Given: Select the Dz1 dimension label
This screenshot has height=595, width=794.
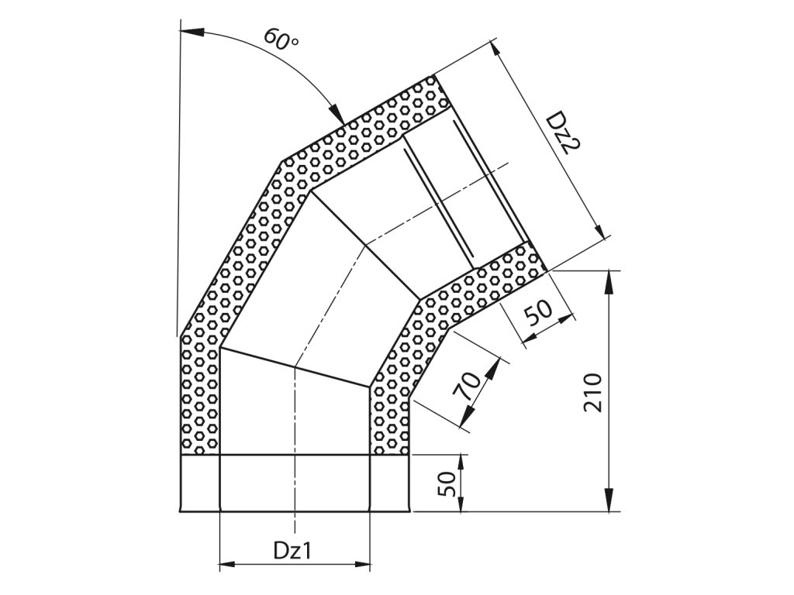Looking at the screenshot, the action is click(292, 550).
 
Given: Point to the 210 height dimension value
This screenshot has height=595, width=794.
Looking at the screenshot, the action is click(592, 393).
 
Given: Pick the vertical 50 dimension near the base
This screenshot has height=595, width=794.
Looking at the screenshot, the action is click(444, 484).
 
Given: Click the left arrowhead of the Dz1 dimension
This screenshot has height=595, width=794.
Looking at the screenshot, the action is click(227, 564).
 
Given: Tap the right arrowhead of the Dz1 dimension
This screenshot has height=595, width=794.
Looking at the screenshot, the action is click(363, 564).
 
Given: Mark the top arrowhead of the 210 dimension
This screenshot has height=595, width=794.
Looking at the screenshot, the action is click(609, 280).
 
